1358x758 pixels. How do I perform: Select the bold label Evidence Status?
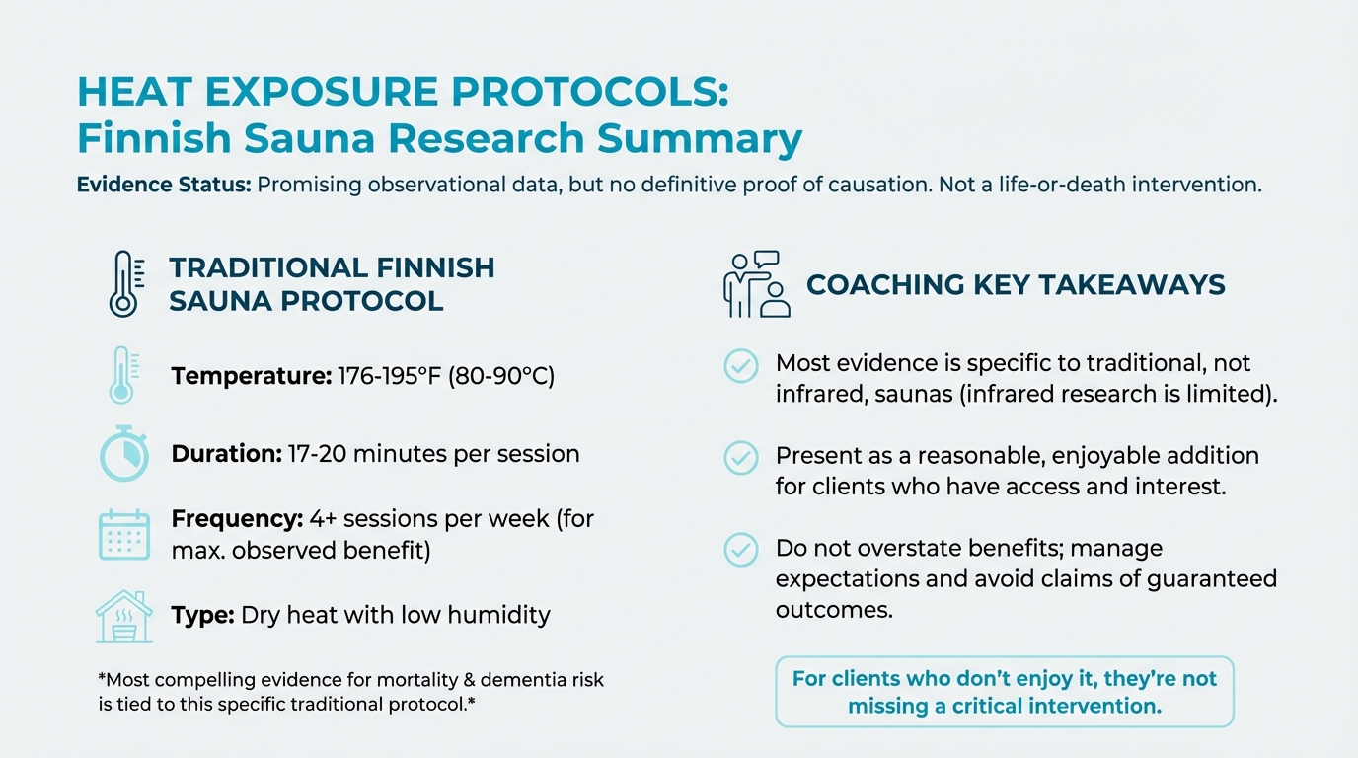[163, 185]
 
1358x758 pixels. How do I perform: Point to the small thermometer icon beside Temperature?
[122, 375]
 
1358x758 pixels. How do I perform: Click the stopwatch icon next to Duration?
[124, 455]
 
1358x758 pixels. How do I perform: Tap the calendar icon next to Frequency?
[124, 534]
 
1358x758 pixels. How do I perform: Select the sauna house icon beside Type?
[124, 616]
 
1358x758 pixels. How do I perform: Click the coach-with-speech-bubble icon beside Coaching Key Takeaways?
[756, 284]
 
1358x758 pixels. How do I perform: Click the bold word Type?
[202, 615]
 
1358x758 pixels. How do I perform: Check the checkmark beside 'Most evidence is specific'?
[741, 365]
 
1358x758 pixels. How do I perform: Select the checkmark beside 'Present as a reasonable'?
[741, 458]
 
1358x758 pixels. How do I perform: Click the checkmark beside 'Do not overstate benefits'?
[741, 550]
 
